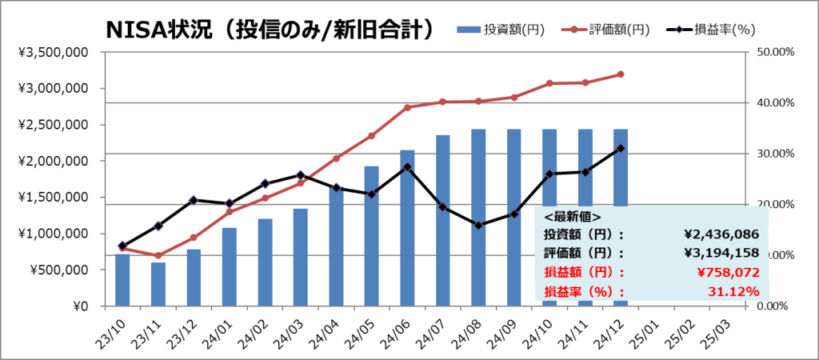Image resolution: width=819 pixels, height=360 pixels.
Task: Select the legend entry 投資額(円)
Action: pyautogui.click(x=501, y=30)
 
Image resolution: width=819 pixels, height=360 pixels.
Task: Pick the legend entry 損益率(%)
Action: pyautogui.click(x=710, y=30)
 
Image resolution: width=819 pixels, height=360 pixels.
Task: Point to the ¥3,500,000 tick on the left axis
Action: pyautogui.click(x=53, y=52)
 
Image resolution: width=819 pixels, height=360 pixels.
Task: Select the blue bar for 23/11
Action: pyautogui.click(x=158, y=284)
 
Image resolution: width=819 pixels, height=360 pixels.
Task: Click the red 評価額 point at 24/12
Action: pyautogui.click(x=621, y=74)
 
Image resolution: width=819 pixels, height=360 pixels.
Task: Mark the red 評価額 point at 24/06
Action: pyautogui.click(x=407, y=107)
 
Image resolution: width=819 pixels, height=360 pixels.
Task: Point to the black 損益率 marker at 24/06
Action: pyautogui.click(x=407, y=167)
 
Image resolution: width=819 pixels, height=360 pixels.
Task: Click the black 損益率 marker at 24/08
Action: pyautogui.click(x=478, y=226)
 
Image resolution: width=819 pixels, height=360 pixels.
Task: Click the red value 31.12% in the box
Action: pyautogui.click(x=733, y=290)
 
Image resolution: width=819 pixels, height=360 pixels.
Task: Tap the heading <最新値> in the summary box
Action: pyautogui.click(x=573, y=216)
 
